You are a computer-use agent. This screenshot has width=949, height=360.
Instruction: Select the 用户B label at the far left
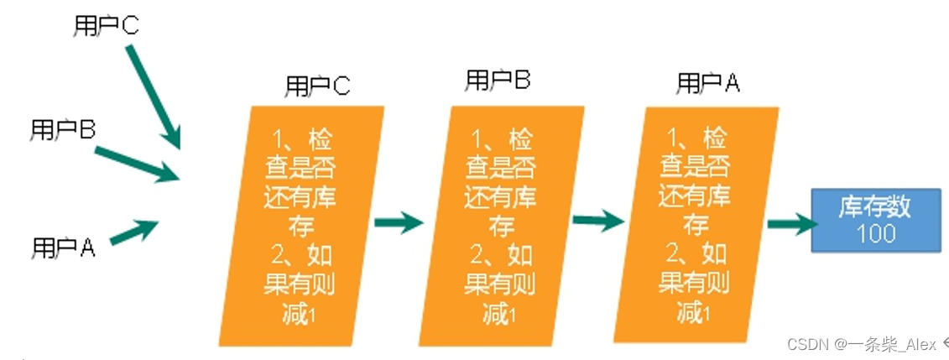(63, 129)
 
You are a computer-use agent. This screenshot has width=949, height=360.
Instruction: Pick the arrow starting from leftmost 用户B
(138, 164)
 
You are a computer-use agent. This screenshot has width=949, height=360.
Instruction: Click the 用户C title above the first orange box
(318, 86)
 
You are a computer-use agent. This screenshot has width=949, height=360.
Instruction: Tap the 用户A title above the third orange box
(708, 82)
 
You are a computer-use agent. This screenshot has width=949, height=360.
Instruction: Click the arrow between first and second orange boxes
(399, 223)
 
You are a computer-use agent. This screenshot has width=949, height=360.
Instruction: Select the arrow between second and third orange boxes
(597, 220)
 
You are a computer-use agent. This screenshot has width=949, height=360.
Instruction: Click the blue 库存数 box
(875, 221)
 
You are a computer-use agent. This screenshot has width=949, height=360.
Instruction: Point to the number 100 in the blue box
(875, 233)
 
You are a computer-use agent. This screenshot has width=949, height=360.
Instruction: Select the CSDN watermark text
(863, 343)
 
